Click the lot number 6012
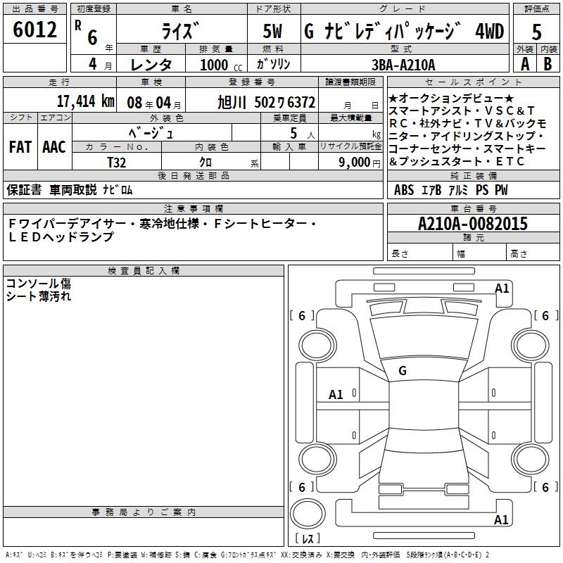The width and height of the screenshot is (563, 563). [34, 30]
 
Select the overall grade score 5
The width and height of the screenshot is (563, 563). [536, 32]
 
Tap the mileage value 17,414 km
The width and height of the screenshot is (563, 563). [85, 101]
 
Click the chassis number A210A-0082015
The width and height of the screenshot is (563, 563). [473, 223]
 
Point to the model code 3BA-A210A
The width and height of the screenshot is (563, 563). [403, 65]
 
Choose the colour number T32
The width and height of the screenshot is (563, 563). [117, 163]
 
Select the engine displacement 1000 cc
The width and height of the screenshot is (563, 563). [221, 65]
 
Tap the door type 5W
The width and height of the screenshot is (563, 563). [272, 31]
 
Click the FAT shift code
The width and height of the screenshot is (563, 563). [20, 147]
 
